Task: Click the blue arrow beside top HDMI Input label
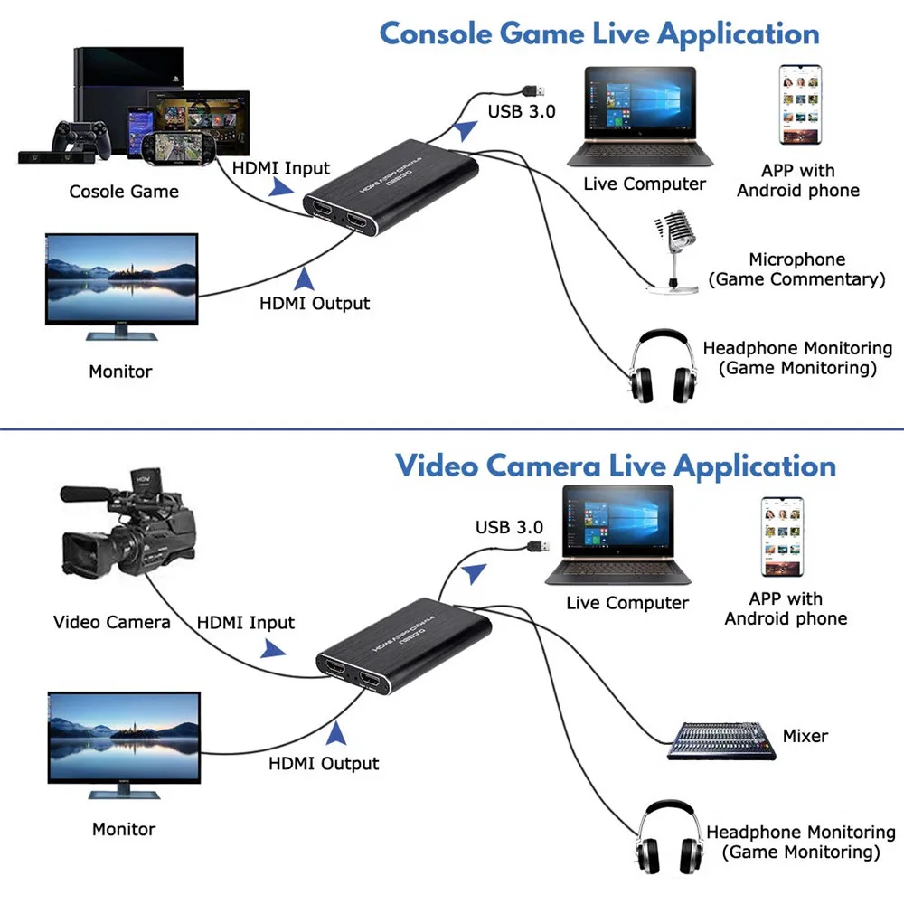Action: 281,187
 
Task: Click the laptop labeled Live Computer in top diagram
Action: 639,118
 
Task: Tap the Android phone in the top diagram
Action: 800,105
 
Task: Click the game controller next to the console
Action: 79,136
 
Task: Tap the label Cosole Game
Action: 124,192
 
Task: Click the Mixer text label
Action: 805,736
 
